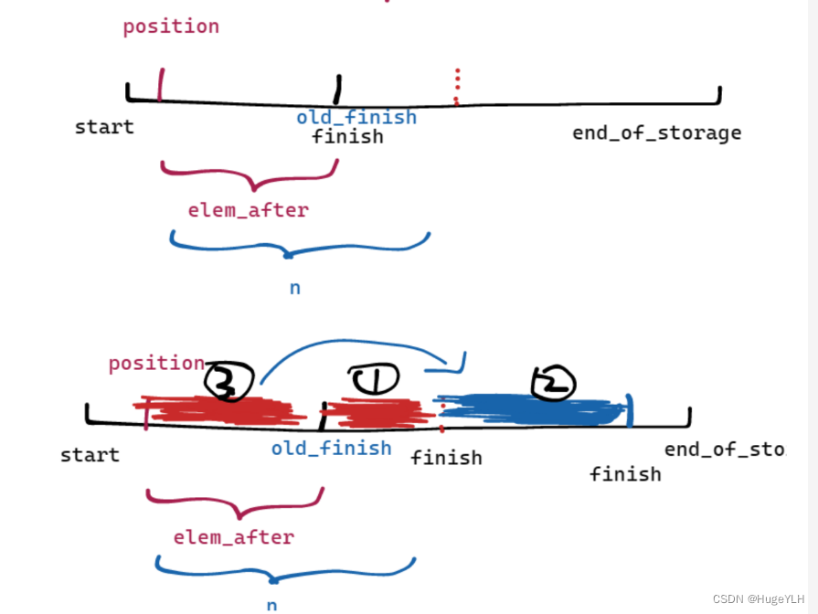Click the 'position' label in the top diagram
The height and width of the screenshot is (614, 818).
pos(171,26)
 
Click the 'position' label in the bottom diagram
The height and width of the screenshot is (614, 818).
pos(156,363)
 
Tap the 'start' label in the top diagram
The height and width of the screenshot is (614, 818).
pos(104,127)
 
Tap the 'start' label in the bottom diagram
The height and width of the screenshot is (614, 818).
pos(90,455)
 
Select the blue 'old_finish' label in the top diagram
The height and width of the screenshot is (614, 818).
pos(356,117)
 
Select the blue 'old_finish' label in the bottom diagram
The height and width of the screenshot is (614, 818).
pos(331,448)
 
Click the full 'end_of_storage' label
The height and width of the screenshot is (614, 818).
pos(656,133)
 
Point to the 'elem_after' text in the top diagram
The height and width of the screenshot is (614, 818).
pos(249,210)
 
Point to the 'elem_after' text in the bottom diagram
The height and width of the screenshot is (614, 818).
pos(234,537)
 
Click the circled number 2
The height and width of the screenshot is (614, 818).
pos(553,384)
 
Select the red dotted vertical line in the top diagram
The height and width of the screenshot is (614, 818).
pos(456,87)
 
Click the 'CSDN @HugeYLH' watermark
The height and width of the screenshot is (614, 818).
pos(763,598)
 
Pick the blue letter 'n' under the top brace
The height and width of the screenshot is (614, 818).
pos(295,288)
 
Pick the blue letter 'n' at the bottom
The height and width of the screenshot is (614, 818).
pos(271,605)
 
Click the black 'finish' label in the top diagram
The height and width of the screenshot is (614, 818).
pos(347,137)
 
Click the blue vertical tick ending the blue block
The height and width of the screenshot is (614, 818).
pos(629,410)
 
